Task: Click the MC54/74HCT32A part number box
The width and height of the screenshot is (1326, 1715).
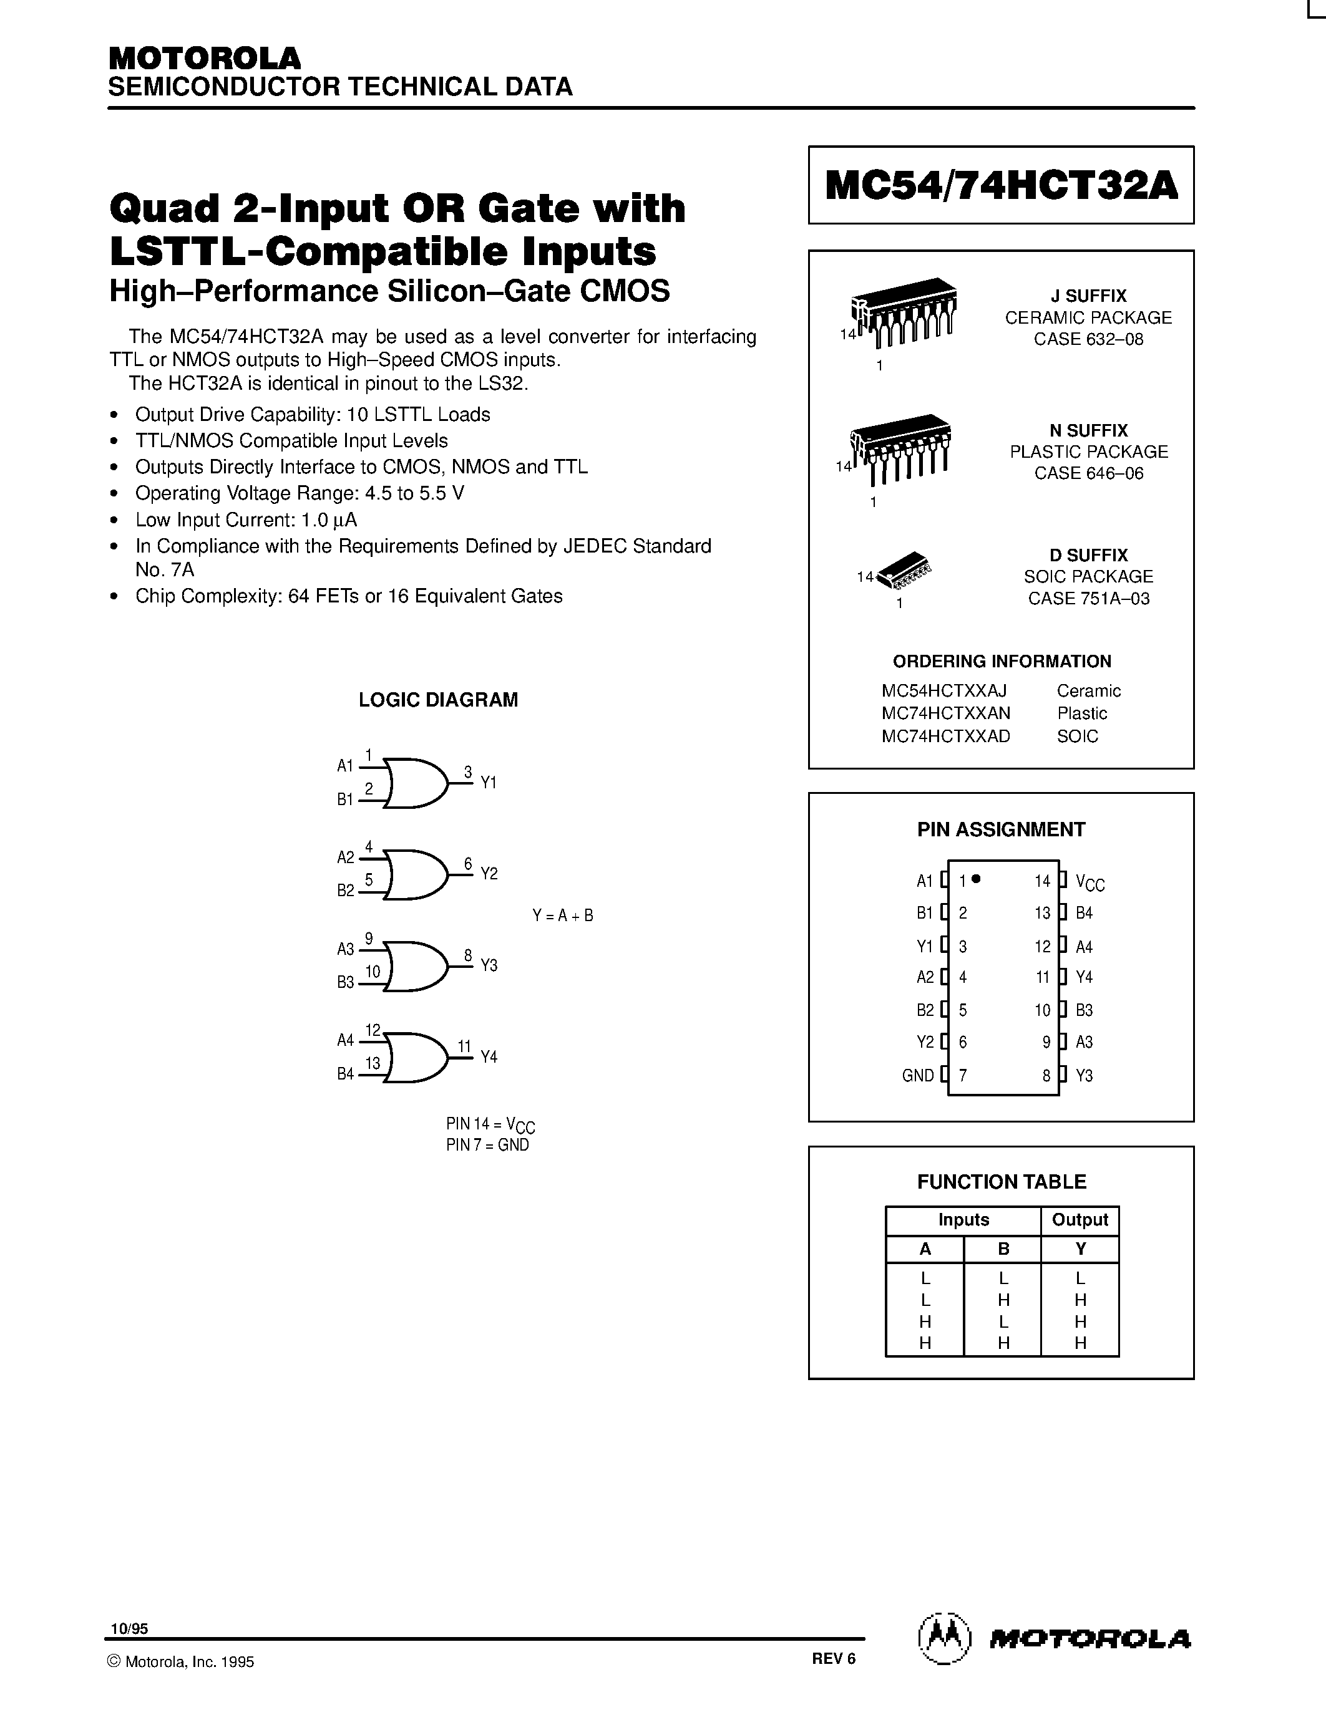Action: point(1001,185)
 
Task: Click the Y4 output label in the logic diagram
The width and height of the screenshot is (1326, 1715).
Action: point(489,1057)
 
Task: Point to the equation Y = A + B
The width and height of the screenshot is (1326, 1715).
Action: point(562,915)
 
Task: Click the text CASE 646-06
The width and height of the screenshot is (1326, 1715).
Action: point(1089,473)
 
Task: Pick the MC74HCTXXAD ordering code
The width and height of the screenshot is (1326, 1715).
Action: point(946,736)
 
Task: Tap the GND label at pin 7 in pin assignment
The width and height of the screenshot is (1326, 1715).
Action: point(917,1076)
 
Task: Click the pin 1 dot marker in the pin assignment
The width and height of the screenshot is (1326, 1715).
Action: point(976,879)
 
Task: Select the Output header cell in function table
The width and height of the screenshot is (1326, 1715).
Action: point(1080,1219)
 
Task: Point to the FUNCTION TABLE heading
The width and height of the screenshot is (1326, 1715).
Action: point(1002,1182)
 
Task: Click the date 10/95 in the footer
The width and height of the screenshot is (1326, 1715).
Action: point(129,1628)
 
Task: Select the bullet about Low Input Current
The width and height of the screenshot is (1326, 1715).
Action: point(246,520)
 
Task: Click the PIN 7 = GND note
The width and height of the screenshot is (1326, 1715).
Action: point(487,1145)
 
